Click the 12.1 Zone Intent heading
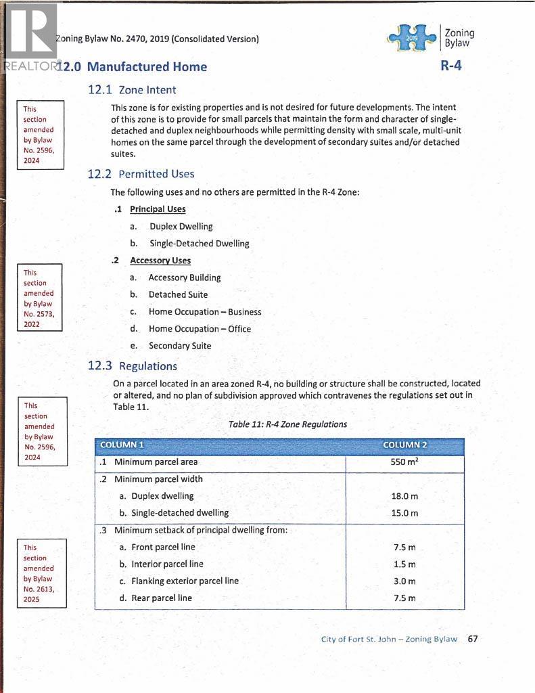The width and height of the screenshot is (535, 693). (132, 90)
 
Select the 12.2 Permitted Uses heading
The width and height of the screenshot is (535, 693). (141, 174)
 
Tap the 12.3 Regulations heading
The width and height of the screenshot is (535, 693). (132, 366)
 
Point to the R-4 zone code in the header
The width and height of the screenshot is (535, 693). (451, 66)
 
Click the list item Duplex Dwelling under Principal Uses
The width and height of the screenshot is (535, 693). (181, 227)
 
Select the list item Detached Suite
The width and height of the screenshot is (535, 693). (178, 294)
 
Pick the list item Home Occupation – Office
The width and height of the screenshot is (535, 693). (200, 329)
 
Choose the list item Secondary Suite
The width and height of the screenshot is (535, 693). (180, 346)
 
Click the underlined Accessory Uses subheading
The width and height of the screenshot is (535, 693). (160, 261)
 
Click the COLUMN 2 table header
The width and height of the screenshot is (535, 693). (404, 445)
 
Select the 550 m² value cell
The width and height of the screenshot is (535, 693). (404, 462)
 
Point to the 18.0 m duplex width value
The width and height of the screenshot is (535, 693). (404, 496)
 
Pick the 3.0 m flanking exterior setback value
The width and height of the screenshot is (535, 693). (404, 581)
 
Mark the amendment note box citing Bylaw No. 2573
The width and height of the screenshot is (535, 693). (39, 298)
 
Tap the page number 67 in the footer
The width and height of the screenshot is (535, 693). (473, 639)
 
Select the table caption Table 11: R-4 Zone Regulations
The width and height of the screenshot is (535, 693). (287, 424)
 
